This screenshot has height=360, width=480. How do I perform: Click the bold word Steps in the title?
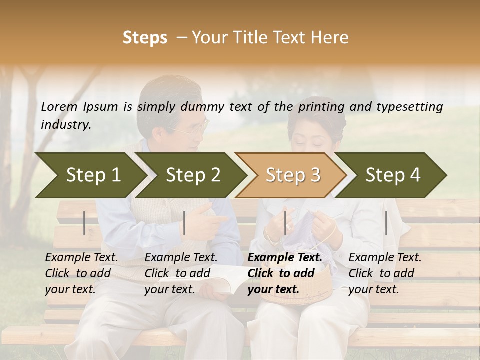click(x=145, y=38)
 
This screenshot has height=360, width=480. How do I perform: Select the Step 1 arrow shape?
click(x=90, y=175)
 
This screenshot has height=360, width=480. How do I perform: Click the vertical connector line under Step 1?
click(x=84, y=223)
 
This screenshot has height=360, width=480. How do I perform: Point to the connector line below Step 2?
click(x=184, y=223)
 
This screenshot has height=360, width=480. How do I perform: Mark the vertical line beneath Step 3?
click(x=285, y=223)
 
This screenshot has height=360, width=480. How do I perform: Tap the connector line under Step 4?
click(x=386, y=223)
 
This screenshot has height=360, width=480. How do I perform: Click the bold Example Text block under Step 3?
click(x=285, y=273)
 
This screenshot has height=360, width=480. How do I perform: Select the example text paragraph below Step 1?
click(x=81, y=273)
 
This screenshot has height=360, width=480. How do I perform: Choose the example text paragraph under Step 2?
click(x=181, y=273)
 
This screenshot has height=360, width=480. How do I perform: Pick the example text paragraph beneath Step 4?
click(x=385, y=273)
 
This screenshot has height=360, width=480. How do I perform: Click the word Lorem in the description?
click(x=59, y=107)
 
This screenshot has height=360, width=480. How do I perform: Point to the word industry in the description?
click(x=66, y=125)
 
